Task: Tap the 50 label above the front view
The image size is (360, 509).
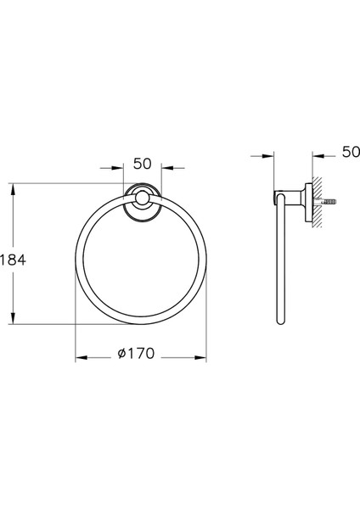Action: click(x=142, y=162)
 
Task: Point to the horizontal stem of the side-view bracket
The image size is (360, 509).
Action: click(x=291, y=201)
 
